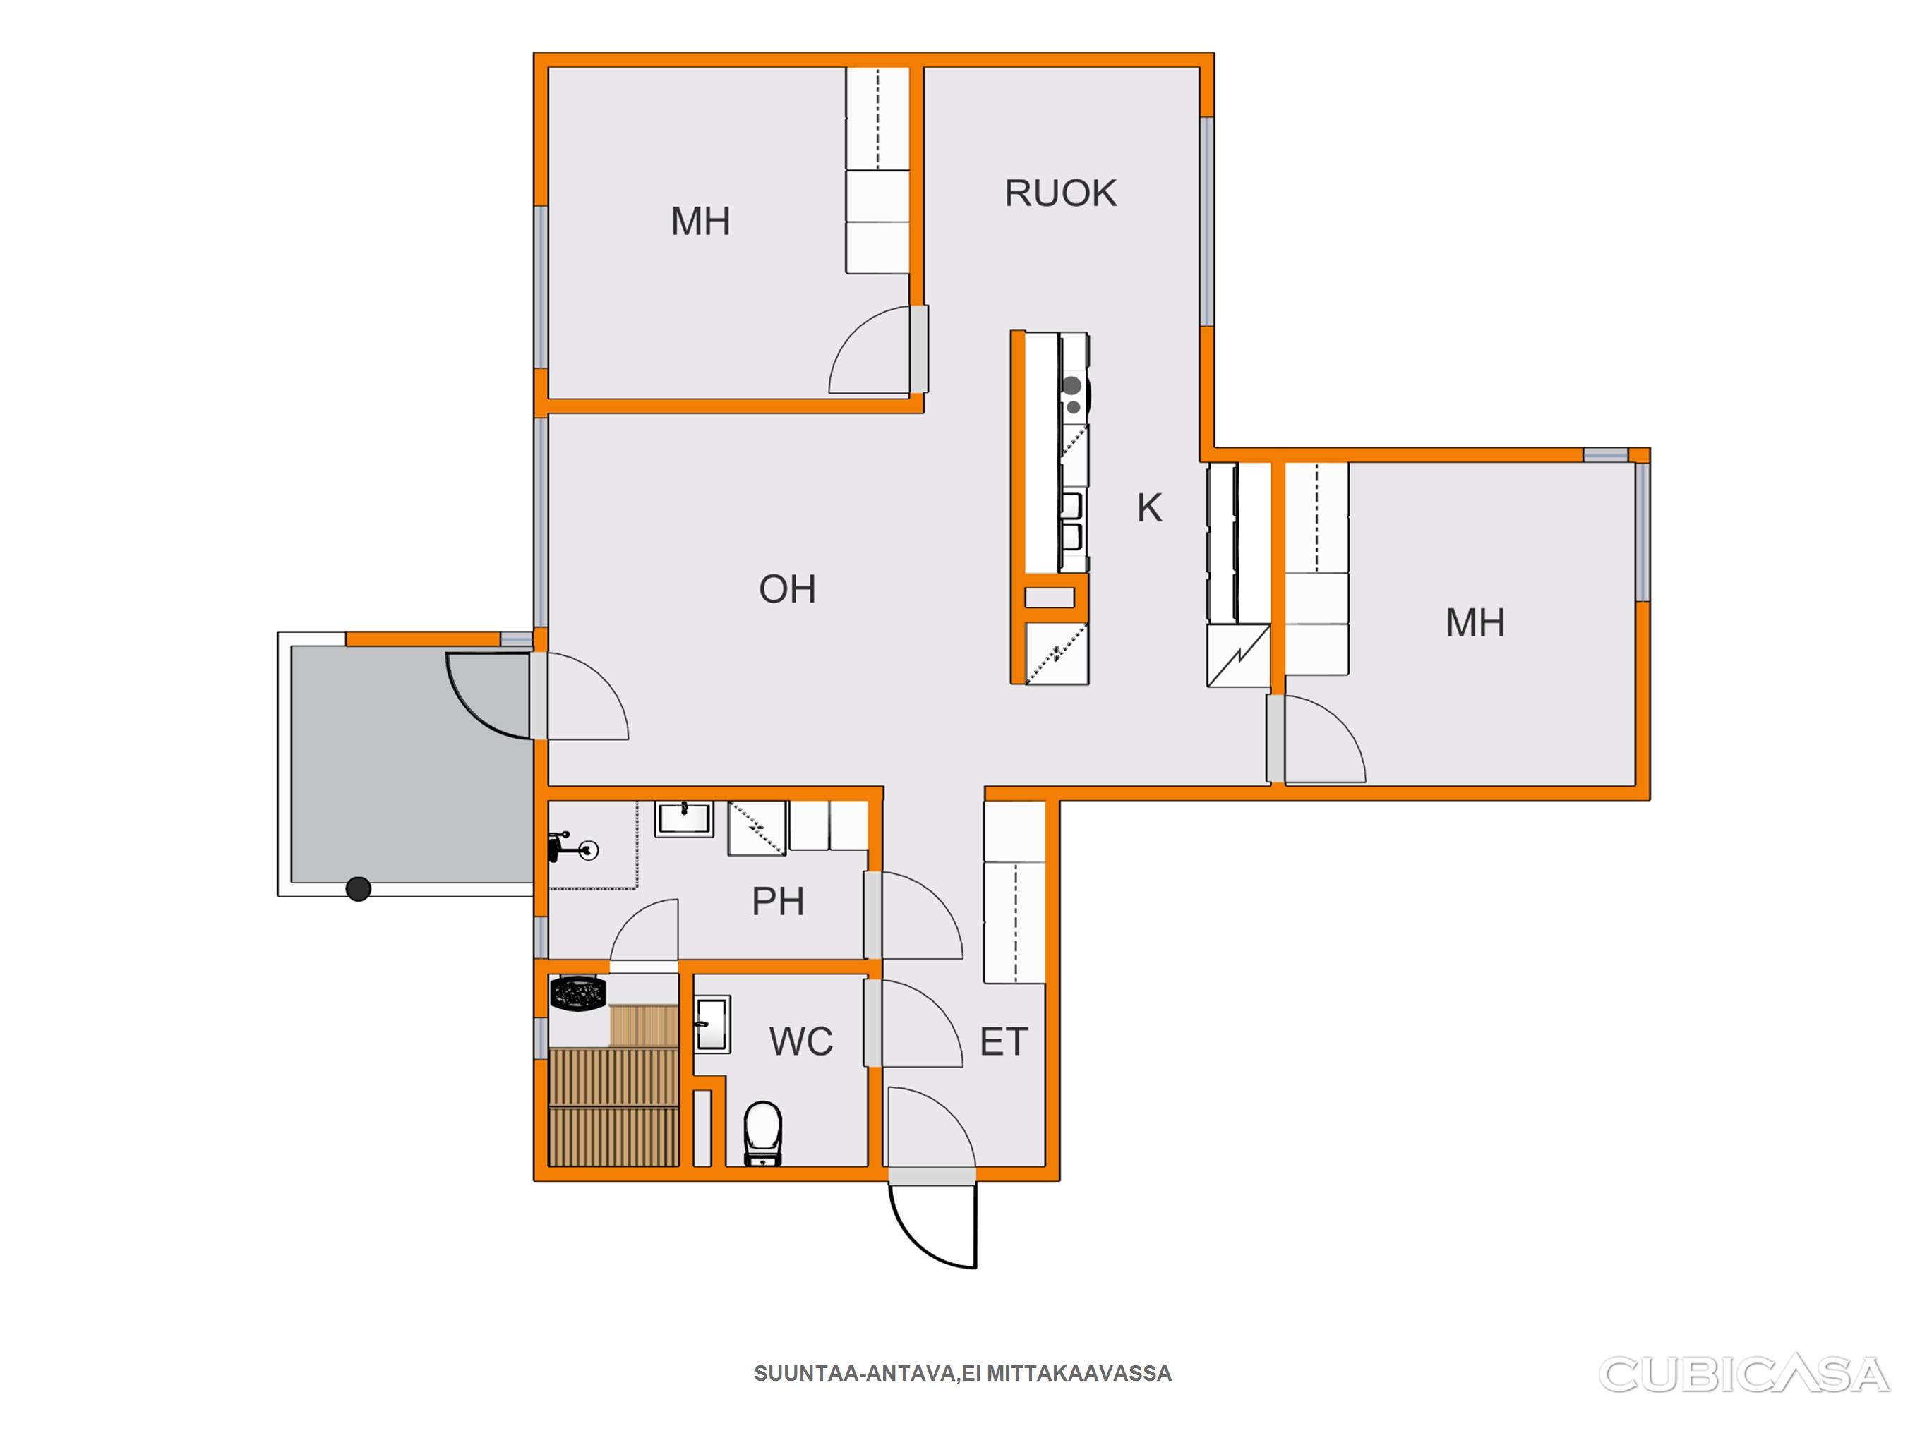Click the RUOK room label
1060,193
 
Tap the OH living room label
788,590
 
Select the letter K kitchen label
1149,508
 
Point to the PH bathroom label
778,902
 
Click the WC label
800,1041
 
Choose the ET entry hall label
1004,1041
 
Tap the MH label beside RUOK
700,222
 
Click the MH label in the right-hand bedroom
1475,623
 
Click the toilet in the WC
763,1133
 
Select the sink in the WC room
712,1024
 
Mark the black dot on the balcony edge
358,888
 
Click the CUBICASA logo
1745,1374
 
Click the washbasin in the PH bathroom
684,818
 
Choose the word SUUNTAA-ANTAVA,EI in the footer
867,1374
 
